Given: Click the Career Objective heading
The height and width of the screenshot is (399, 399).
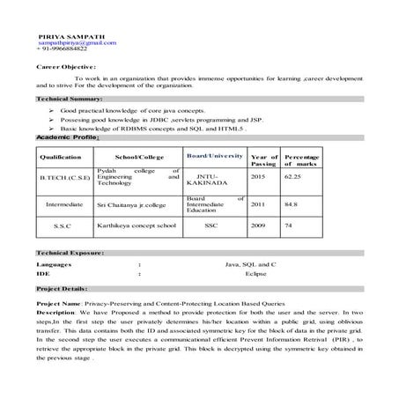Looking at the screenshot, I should [66, 66].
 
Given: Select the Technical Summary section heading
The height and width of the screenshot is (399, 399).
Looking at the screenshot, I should [69, 100].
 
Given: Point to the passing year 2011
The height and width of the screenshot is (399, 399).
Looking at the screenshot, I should [257, 203].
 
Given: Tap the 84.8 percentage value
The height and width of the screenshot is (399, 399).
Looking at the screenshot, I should [290, 203].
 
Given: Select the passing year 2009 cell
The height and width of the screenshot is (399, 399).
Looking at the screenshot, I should [257, 225].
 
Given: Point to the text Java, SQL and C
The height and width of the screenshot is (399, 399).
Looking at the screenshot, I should [251, 264].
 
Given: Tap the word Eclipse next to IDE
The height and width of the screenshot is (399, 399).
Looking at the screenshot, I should [255, 274].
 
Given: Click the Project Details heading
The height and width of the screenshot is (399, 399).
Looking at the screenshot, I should [63, 288].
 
